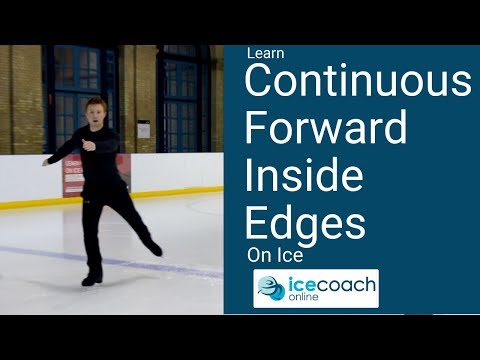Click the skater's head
point(98,110)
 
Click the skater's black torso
point(102,155)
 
